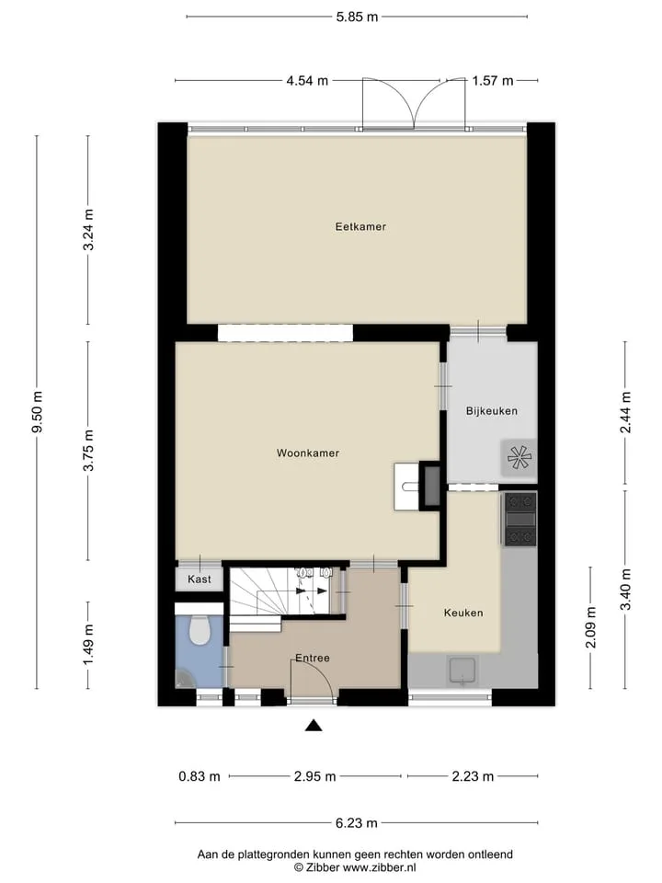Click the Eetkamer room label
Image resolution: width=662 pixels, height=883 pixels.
[x=360, y=227]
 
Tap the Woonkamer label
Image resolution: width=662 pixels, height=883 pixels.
[x=308, y=453]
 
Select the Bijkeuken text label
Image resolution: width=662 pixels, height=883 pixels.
[x=491, y=411]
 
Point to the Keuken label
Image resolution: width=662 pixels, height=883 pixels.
[x=463, y=613]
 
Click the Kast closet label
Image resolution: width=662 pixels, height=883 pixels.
[x=200, y=579]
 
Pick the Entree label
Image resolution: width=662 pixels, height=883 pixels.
[x=313, y=658]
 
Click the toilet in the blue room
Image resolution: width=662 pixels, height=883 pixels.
[x=199, y=629]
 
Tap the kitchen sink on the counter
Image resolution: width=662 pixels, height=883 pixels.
[x=462, y=671]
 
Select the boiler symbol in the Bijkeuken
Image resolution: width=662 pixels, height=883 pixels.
[x=519, y=457]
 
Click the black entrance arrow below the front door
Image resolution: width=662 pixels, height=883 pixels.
[x=314, y=726]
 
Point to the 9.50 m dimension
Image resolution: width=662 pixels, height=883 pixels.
[x=38, y=412]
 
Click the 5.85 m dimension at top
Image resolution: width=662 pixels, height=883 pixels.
[x=357, y=17]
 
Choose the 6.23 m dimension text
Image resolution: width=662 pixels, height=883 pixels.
[x=357, y=822]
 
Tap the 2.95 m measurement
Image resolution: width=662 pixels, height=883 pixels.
[x=314, y=776]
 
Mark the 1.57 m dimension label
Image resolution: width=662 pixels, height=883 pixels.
[x=493, y=81]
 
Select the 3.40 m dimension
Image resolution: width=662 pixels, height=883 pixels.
[x=625, y=589]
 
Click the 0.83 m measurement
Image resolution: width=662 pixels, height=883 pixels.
[x=200, y=776]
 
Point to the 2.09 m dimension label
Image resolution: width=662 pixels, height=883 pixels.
[x=590, y=626]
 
